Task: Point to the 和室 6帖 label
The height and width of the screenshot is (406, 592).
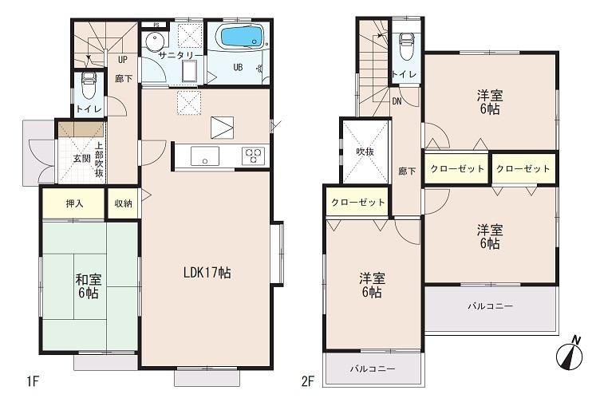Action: tap(88, 287)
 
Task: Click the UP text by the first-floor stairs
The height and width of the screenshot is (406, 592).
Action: tap(122, 59)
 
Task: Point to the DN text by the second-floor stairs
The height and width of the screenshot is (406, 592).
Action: tap(397, 101)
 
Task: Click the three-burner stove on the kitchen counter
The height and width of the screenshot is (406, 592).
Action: tap(254, 155)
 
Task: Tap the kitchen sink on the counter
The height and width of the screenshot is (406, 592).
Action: tap(204, 156)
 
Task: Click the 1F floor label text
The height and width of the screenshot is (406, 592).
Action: tap(32, 381)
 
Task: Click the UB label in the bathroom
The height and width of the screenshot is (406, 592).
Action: tap(237, 68)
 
